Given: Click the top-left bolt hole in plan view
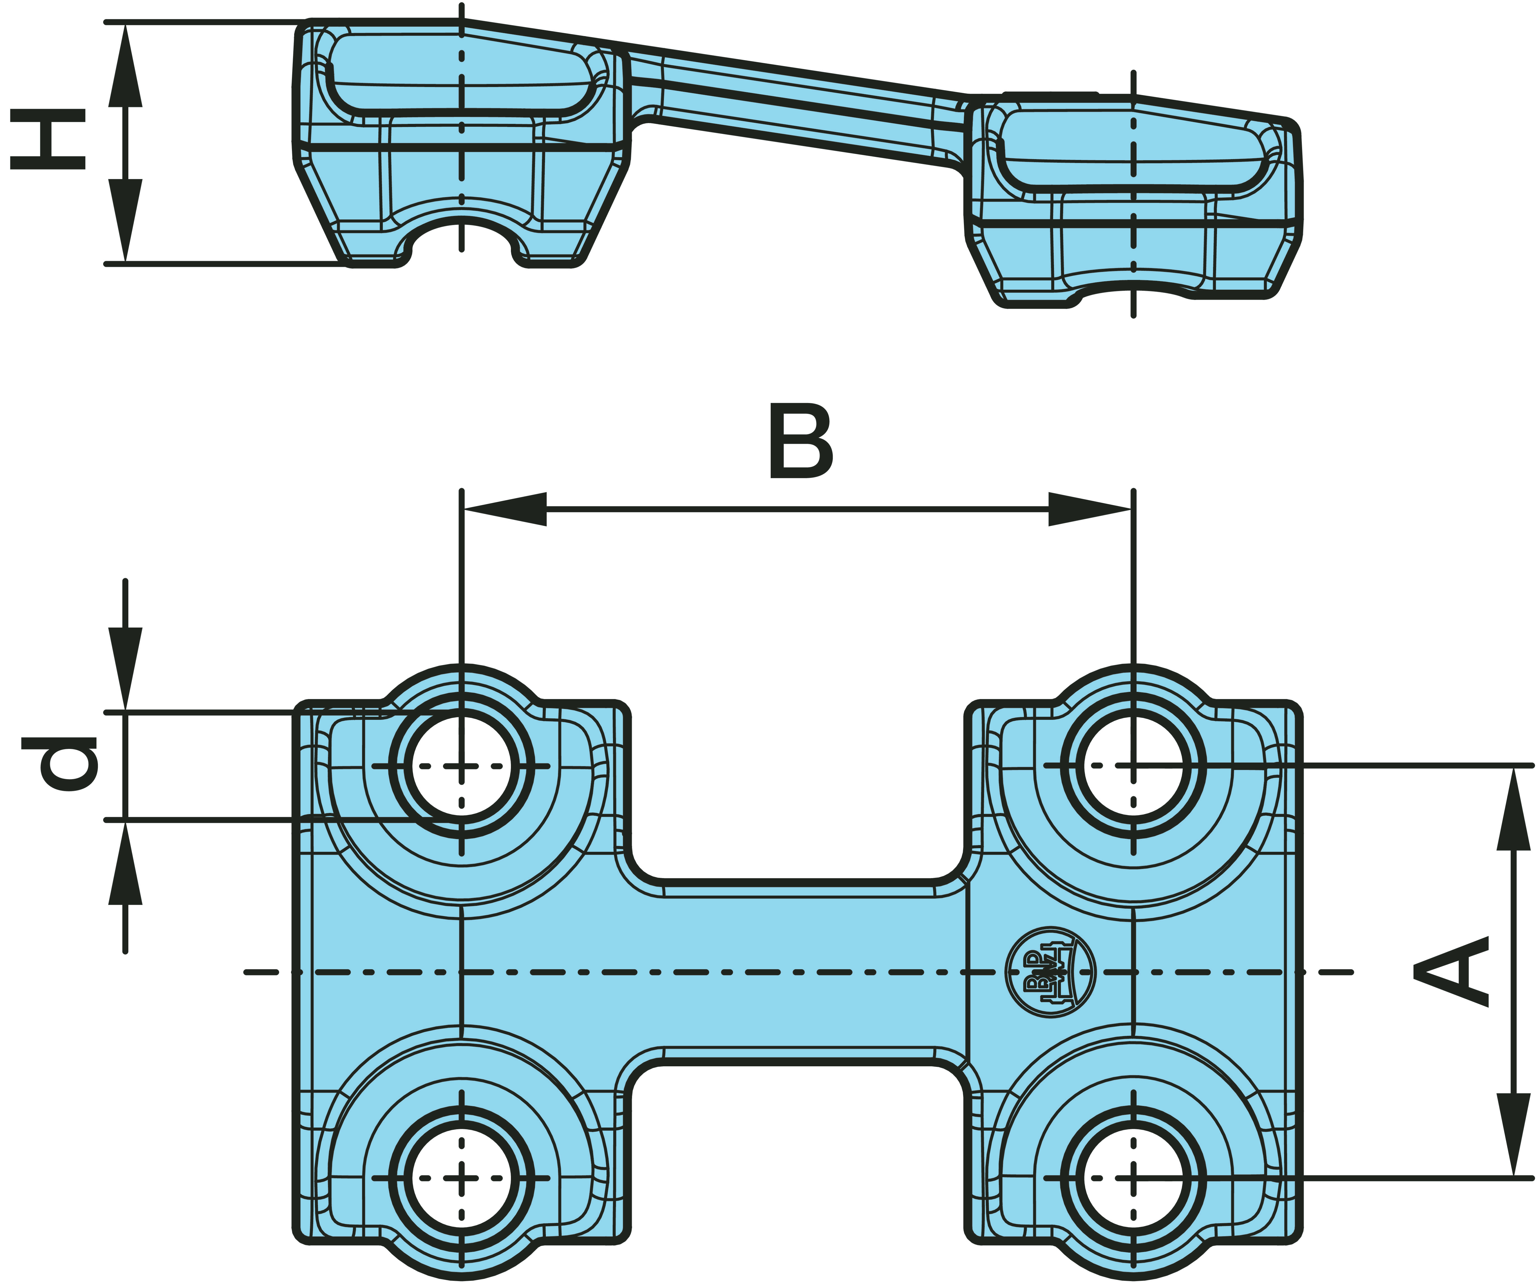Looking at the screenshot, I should point(461,766).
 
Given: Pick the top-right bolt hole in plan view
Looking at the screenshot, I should point(1133,766).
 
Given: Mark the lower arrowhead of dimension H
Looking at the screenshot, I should point(125,220).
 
